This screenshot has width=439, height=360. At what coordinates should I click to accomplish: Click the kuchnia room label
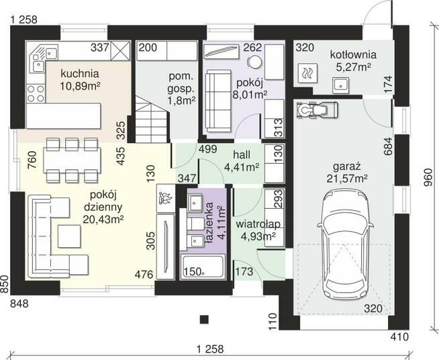pyautogui.click(x=80, y=74)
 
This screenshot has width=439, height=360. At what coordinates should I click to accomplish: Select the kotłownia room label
pyautogui.click(x=353, y=54)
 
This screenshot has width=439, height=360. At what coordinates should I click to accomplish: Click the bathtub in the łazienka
pyautogui.click(x=203, y=267)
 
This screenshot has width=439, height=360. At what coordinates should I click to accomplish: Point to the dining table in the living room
pyautogui.click(x=72, y=160)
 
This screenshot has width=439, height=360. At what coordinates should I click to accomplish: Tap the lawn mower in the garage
pyautogui.click(x=318, y=109)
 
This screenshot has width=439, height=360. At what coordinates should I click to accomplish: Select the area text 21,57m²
pyautogui.click(x=347, y=178)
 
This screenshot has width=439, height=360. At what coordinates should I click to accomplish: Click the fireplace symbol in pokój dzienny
pyautogui.click(x=166, y=198)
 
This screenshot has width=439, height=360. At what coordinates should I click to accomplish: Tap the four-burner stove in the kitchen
pyautogui.click(x=36, y=93)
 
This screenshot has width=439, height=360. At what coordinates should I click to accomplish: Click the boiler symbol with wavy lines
pyautogui.click(x=307, y=73)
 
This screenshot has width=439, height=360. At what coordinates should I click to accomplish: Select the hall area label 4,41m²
pyautogui.click(x=242, y=167)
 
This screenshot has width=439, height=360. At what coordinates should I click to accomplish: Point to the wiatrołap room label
pyautogui.click(x=258, y=224)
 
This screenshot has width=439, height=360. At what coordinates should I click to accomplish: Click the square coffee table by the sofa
pyautogui.click(x=69, y=236)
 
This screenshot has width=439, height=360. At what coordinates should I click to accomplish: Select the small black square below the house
pyautogui.click(x=204, y=320)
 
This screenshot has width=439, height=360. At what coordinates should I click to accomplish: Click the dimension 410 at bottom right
pyautogui.click(x=399, y=336)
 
